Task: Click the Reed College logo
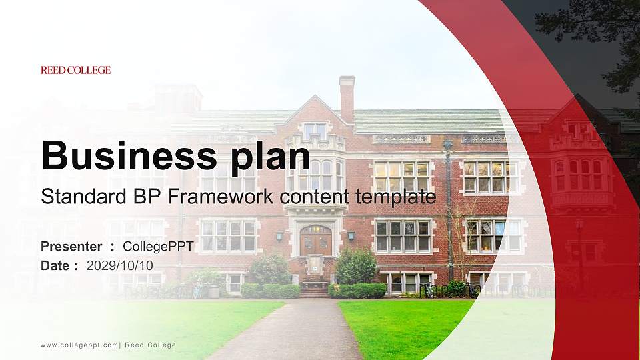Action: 75,70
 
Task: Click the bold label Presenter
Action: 71,247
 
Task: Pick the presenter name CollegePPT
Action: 158,247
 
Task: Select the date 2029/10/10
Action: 120,265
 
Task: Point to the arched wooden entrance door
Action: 315,240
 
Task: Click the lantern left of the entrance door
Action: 279,236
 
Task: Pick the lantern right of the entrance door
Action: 351,235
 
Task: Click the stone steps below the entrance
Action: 315,289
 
